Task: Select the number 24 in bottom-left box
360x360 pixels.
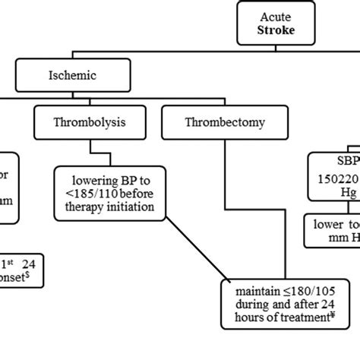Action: [28, 264]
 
